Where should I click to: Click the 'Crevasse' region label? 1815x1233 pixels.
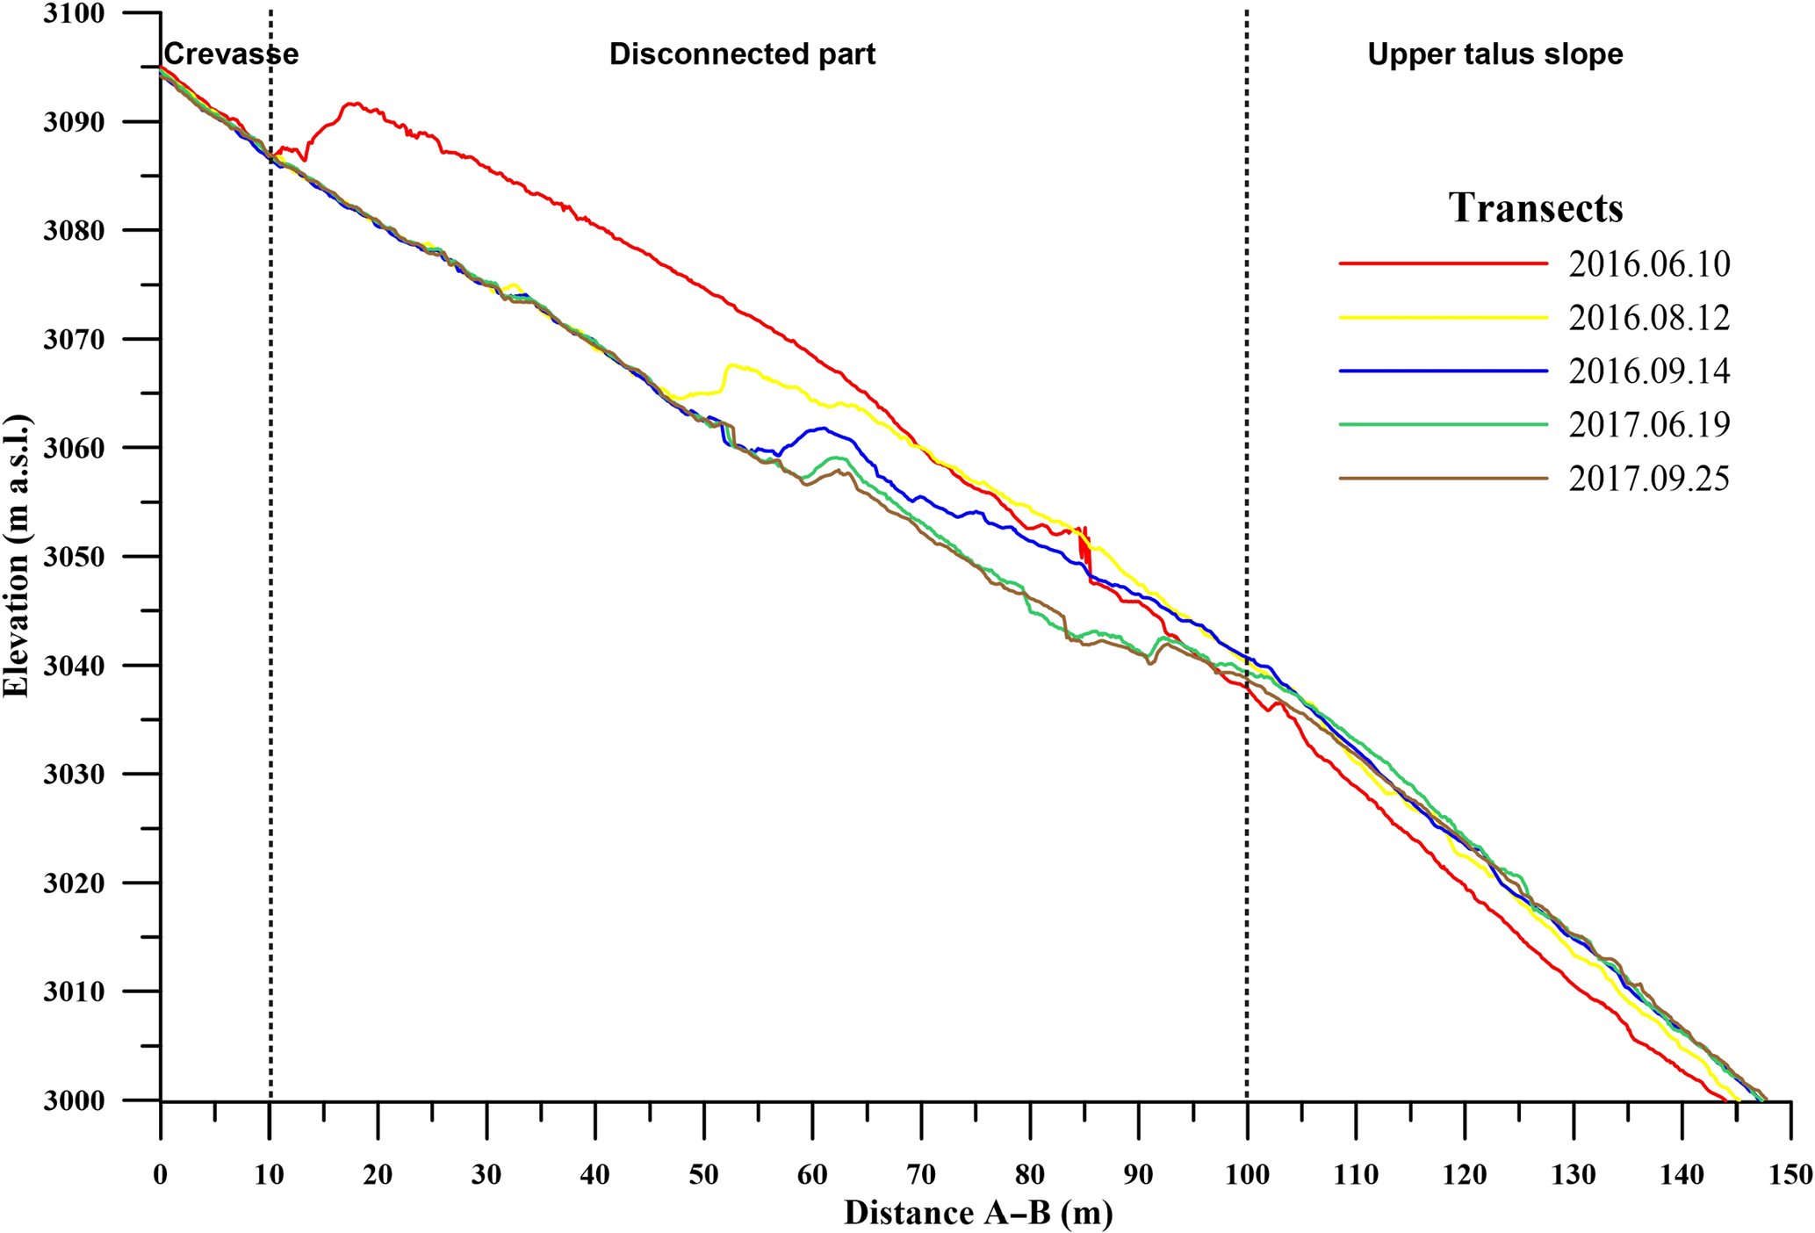(x=231, y=54)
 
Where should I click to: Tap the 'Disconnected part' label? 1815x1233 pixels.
(x=742, y=54)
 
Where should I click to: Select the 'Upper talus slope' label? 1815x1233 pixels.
(x=1494, y=54)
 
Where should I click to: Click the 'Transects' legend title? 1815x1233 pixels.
(x=1535, y=208)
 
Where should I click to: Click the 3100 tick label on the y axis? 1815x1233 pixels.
(x=74, y=14)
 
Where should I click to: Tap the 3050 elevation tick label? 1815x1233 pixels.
(x=74, y=557)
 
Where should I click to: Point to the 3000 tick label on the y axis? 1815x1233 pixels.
(x=74, y=1100)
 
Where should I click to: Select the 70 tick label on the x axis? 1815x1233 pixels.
(x=921, y=1174)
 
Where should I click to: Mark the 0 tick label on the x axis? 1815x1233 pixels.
(x=160, y=1174)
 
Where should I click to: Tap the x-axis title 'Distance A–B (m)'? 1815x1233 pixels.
(x=978, y=1213)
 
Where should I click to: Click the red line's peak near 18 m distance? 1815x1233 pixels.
(x=352, y=104)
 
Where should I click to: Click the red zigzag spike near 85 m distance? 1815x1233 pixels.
(x=1085, y=546)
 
